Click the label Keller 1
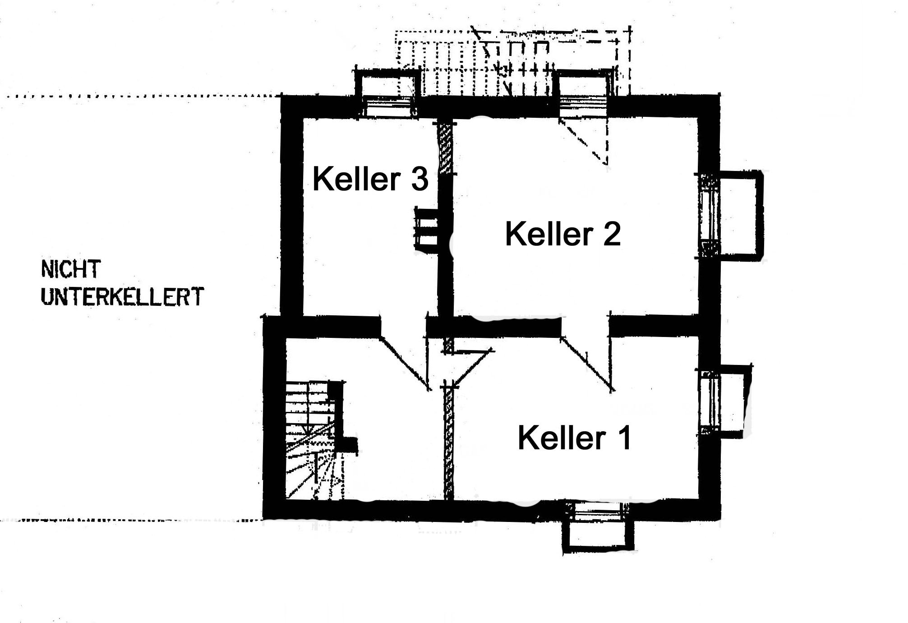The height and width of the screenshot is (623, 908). (x=574, y=438)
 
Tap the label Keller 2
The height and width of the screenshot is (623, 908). (x=562, y=234)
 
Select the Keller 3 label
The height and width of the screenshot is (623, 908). (x=370, y=179)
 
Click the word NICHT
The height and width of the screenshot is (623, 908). (x=70, y=269)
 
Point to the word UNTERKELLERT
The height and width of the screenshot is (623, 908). (x=122, y=297)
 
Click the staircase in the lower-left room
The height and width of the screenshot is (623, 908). (x=310, y=440)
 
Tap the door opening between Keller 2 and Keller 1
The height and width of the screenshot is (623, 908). (x=585, y=326)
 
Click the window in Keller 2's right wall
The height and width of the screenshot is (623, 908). (x=709, y=215)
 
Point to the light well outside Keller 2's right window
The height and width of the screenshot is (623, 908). (x=740, y=215)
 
